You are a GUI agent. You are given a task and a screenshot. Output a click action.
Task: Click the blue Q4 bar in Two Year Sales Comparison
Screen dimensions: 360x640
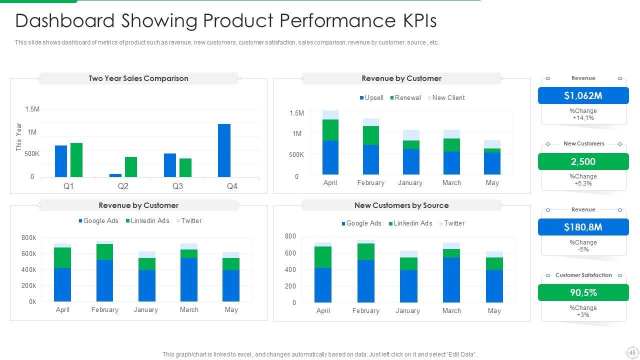pos(224,150)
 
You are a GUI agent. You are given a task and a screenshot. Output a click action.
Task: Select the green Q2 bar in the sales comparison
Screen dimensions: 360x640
pos(131,167)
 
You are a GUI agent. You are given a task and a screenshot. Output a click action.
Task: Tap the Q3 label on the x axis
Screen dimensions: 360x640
pos(177,186)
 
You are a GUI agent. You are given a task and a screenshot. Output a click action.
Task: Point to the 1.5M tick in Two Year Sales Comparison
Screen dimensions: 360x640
pos(32,109)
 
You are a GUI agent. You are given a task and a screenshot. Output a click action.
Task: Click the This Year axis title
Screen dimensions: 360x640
pos(19,137)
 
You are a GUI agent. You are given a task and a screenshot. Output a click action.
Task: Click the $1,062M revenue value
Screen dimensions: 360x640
pos(583,95)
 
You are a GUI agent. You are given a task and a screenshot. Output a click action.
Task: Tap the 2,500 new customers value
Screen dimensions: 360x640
pos(583,161)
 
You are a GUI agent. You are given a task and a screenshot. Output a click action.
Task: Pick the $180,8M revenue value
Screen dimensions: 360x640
pos(583,227)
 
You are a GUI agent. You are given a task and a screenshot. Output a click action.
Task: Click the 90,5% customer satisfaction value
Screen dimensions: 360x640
pos(583,292)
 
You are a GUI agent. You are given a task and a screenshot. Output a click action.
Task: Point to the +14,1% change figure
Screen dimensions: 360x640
pos(583,118)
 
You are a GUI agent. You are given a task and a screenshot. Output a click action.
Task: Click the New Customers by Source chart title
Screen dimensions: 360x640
pos(401,205)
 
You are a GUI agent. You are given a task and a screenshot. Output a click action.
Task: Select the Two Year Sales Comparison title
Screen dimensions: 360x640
pos(138,78)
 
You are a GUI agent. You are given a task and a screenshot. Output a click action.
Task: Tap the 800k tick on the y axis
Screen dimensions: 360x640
pos(29,238)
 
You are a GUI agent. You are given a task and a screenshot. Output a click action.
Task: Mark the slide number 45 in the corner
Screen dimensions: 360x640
pos(632,352)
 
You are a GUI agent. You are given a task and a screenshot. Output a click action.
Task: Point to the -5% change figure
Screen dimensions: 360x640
pos(583,249)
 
